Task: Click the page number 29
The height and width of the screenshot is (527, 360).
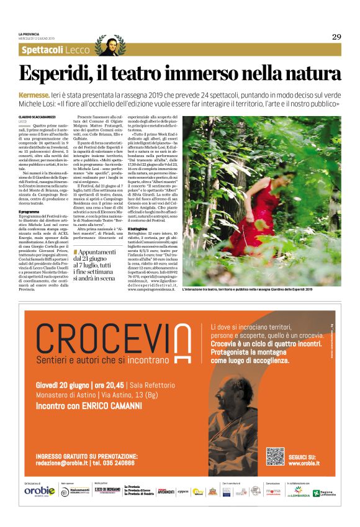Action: (336, 37)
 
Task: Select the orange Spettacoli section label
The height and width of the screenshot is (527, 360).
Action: (42, 49)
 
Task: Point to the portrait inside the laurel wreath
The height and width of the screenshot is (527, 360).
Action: (110, 46)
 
